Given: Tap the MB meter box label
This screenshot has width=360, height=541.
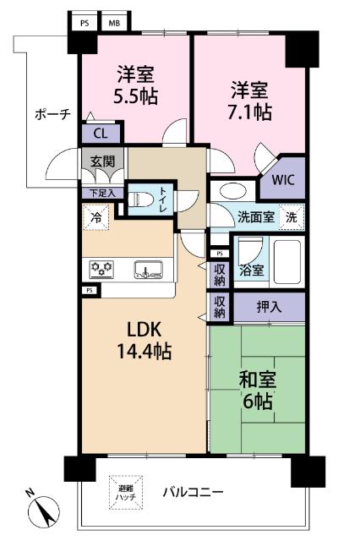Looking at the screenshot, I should coord(112,24).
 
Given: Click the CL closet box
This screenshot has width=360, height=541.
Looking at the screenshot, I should coord(100,133).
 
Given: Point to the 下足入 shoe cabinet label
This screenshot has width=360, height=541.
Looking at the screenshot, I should coord(101,194).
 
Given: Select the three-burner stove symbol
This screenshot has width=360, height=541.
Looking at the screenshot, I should coord(102,270).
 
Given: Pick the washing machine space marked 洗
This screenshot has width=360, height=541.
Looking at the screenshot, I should coord(292,216).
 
